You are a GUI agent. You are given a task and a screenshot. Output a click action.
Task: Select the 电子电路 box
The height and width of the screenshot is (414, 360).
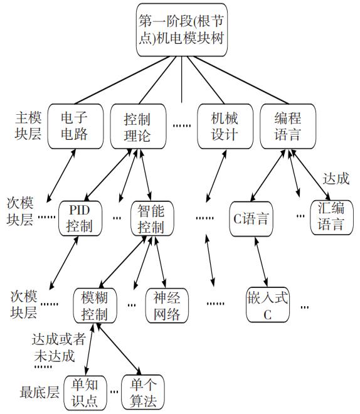(74, 125)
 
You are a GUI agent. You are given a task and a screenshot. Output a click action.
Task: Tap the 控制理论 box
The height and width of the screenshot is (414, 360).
(137, 125)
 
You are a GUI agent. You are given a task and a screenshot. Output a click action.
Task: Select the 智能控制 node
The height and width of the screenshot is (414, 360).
(151, 217)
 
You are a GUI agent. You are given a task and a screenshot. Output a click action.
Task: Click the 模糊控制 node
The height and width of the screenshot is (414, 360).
(95, 305)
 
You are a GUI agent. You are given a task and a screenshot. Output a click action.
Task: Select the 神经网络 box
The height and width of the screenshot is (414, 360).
(167, 305)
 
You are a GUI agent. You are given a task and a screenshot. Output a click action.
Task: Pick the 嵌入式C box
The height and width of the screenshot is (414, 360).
(267, 305)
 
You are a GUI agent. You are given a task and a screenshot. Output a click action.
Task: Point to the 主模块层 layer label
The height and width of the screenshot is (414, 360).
(29, 125)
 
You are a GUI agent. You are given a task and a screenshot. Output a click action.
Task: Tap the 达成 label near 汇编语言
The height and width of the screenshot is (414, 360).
(335, 179)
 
